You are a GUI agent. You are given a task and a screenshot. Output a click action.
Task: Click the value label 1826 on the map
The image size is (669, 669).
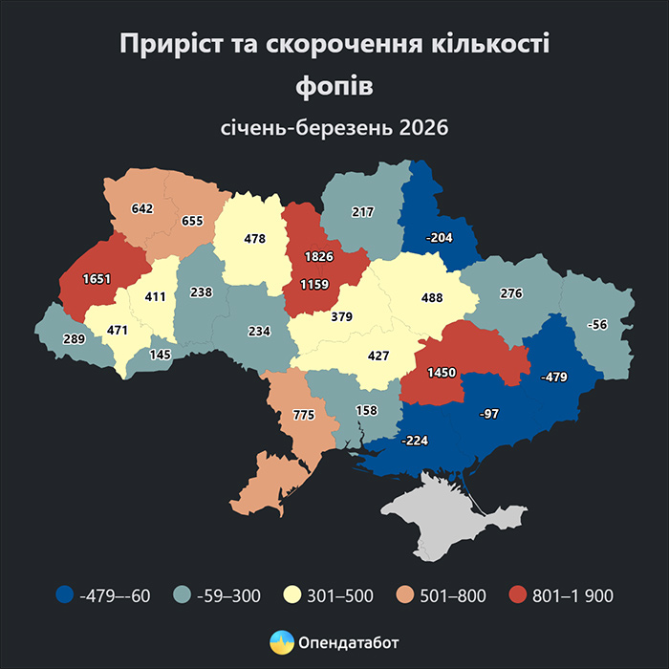tap(319, 257)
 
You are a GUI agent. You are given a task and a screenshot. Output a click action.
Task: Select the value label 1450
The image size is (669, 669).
tap(441, 372)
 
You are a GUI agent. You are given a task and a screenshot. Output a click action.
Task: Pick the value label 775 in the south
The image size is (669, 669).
tap(302, 415)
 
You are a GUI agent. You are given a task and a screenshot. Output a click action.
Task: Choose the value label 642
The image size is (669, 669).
tap(142, 208)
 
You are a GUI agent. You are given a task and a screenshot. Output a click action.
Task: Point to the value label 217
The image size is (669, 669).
tap(362, 212)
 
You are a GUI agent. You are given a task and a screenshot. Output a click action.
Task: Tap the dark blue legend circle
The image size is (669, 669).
tap(64, 595)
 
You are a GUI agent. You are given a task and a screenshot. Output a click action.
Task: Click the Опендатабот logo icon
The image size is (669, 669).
tap(282, 641)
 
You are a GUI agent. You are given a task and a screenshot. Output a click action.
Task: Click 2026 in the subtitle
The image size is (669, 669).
tap(425, 127)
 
